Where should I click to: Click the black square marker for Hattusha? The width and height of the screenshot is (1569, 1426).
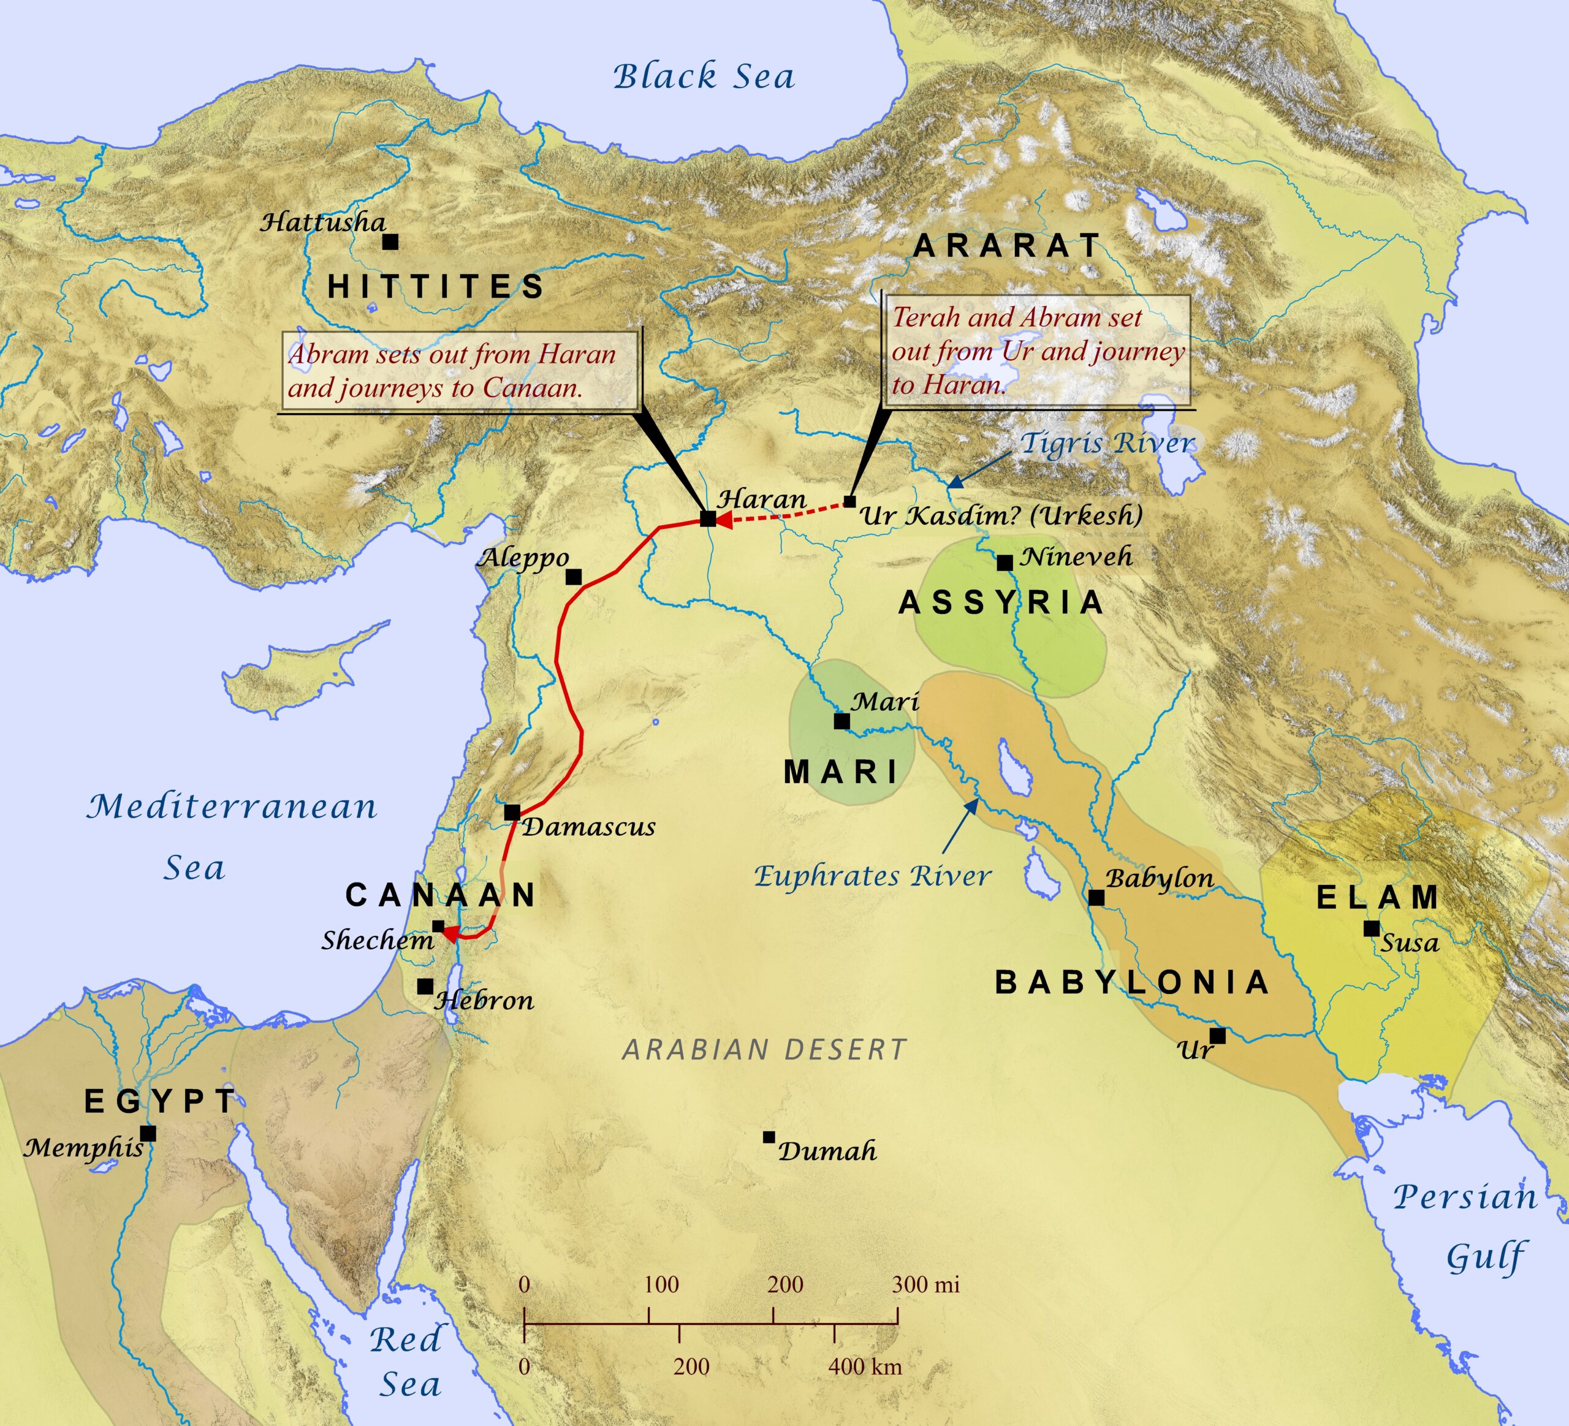point(390,242)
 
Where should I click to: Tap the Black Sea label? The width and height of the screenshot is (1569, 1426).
point(704,76)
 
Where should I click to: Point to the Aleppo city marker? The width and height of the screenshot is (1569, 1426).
point(574,577)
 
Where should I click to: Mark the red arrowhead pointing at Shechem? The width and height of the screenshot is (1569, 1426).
point(450,935)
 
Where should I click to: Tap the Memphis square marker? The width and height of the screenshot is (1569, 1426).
point(148,1134)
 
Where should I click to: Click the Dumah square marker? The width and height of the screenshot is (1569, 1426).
point(769,1137)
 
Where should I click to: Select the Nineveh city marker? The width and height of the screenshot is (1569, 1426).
point(1005,563)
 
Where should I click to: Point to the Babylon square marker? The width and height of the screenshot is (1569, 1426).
point(1096,898)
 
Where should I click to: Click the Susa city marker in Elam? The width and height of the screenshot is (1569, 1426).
point(1371,928)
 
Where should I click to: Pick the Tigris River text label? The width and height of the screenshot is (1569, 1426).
point(1107,444)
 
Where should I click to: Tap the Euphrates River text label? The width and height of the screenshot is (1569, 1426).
point(872,876)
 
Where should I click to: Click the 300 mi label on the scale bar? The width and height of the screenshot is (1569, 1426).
point(925,1284)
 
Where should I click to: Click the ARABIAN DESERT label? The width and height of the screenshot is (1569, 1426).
point(764,1050)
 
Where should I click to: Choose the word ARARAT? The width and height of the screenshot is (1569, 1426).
point(1007,246)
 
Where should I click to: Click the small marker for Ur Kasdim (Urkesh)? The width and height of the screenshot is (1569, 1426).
point(850,502)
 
